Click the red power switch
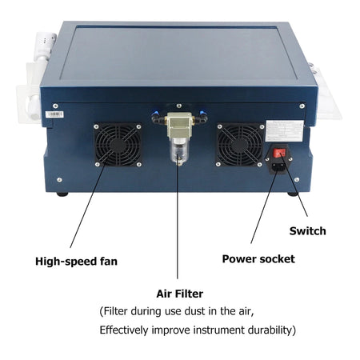click(279, 154)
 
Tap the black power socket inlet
click(278, 166)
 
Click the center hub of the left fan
click(118, 145)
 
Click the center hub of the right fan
click(239, 145)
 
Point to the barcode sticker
click(54, 114)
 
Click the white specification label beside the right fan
click(285, 131)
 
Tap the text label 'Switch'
click(308, 231)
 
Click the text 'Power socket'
click(258, 259)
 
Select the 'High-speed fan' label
click(76, 262)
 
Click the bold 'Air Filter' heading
click(180, 294)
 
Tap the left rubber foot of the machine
click(62, 194)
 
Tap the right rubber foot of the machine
click(293, 194)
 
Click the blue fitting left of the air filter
click(154, 114)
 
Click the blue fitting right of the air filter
click(203, 114)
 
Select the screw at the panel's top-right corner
click(302, 106)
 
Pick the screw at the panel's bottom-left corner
click(59, 180)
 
